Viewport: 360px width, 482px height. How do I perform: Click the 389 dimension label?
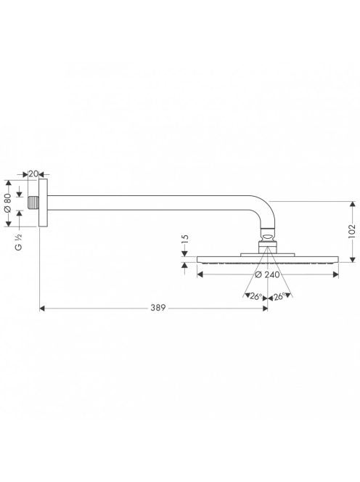tap(158, 308)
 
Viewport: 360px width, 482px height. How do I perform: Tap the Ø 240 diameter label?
tap(268, 274)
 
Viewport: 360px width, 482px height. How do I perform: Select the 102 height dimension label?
tap(352, 231)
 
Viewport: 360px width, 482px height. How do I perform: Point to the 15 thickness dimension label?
tap(185, 239)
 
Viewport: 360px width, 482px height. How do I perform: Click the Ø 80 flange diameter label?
tap(8, 203)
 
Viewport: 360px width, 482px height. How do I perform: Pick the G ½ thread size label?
tap(19, 242)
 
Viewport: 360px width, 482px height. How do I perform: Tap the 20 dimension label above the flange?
tap(33, 173)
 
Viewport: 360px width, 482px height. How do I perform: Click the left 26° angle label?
tap(256, 297)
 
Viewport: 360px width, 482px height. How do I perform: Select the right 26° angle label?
tap(279, 297)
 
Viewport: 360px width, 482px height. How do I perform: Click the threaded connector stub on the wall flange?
tap(33, 203)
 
